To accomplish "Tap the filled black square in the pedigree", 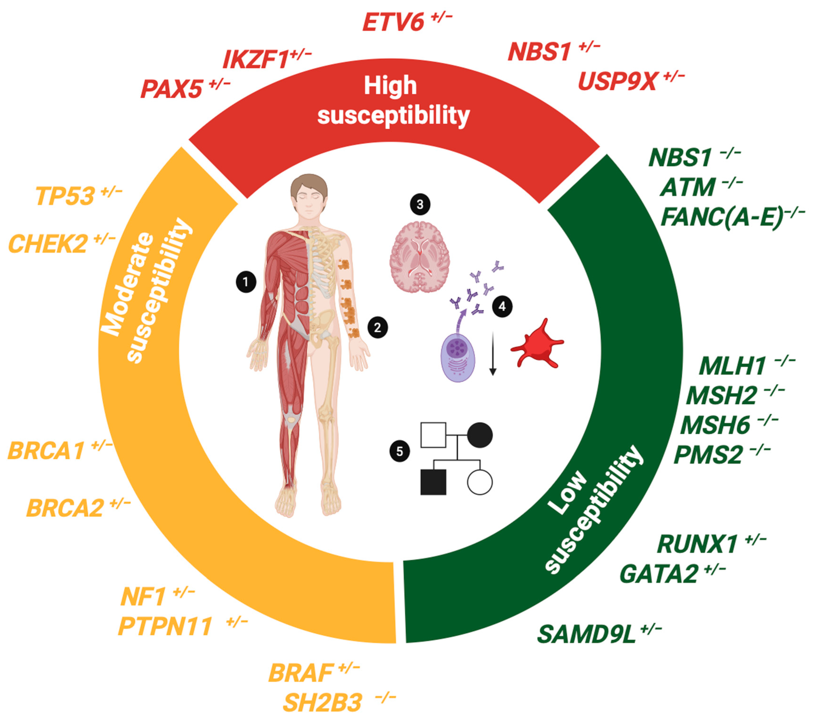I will [x=433, y=482].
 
